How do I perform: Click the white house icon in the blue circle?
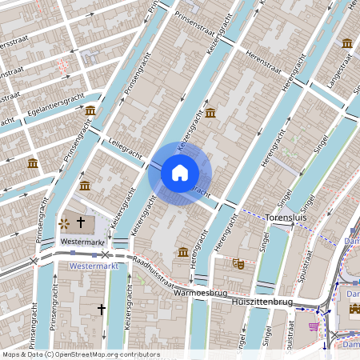[x=180, y=173]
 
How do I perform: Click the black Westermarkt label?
[x=83, y=242]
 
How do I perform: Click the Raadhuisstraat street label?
[x=154, y=268]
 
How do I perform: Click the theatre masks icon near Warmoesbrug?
[x=238, y=262]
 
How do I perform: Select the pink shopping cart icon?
[x=314, y=326]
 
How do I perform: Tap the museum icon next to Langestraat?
[x=347, y=43]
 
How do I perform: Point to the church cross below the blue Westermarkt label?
[x=102, y=308]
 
